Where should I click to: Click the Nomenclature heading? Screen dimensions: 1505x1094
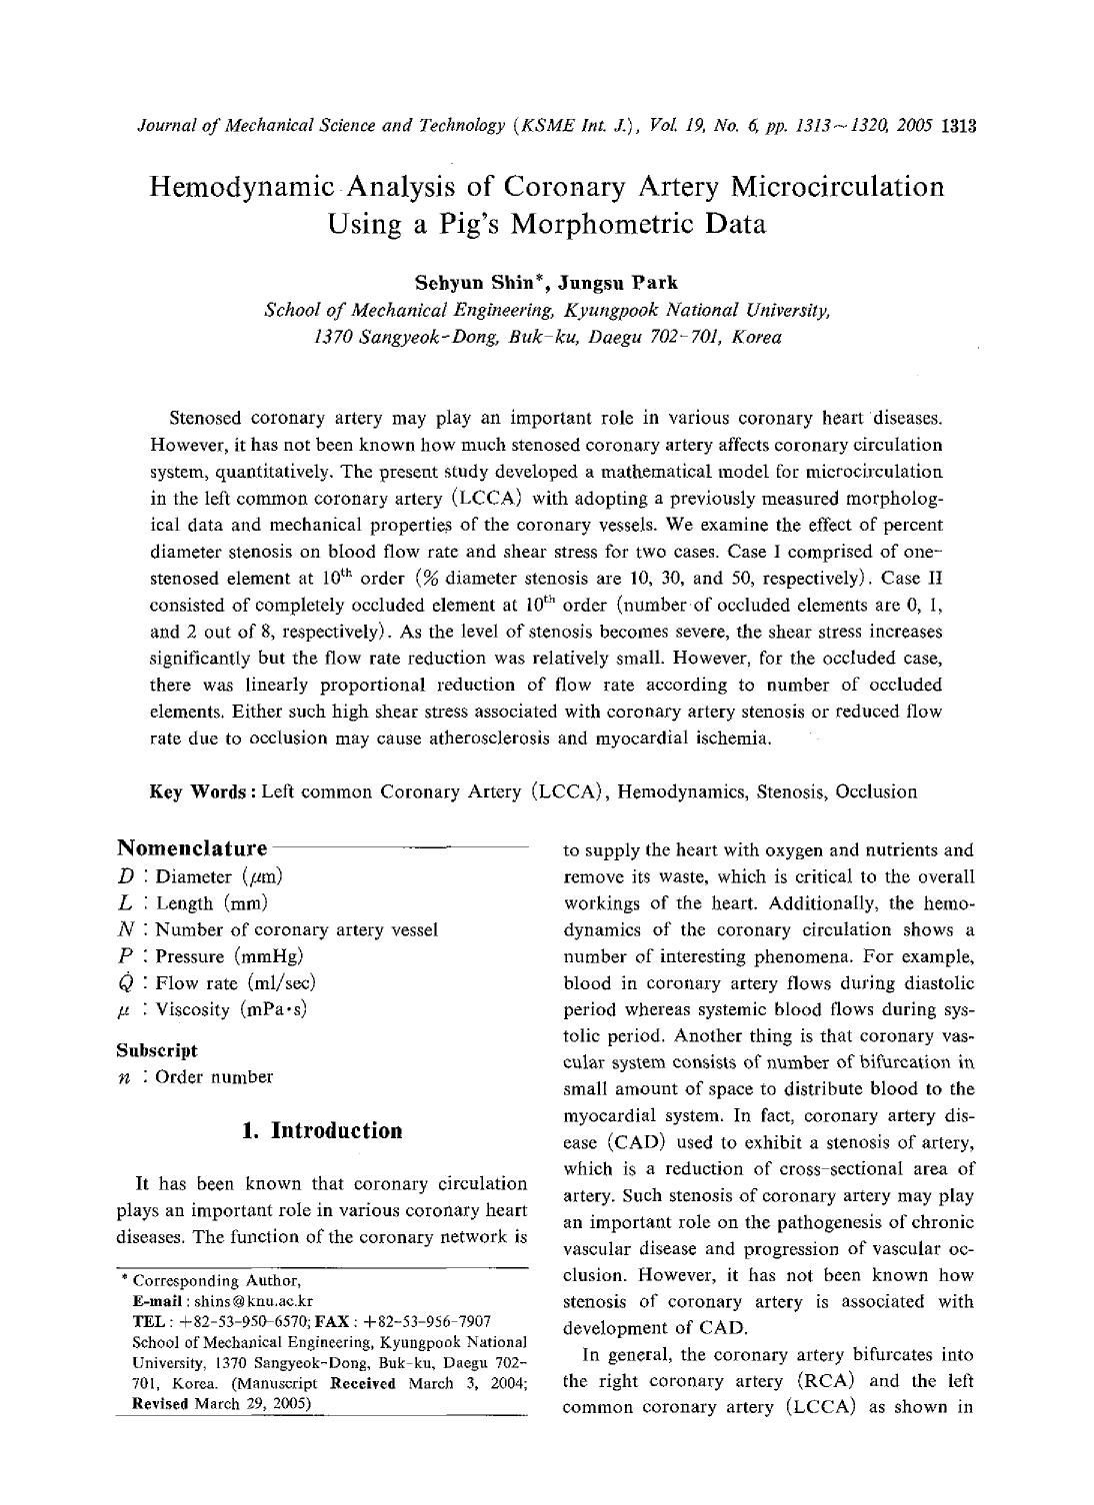(192, 848)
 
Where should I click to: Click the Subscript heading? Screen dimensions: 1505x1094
(157, 1050)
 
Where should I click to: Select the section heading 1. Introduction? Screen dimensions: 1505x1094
(322, 1130)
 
